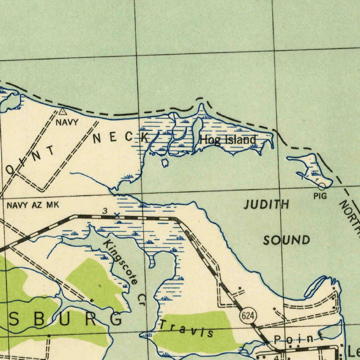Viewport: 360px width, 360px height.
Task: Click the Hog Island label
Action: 228,140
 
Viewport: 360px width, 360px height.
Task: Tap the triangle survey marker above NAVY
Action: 63,112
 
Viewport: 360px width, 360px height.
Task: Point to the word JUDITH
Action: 266,204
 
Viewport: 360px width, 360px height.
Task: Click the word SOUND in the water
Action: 287,240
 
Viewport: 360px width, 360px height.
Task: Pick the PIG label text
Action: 320,196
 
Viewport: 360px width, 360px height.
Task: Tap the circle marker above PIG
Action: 322,186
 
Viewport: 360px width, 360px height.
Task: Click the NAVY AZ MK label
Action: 33,205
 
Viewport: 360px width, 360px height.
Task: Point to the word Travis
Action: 187,328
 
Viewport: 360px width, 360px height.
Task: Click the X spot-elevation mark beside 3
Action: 117,215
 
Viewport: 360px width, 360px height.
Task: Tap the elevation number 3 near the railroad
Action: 105,211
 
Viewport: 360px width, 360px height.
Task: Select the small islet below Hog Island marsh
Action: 165,163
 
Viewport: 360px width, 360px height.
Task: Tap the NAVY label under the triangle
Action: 67,122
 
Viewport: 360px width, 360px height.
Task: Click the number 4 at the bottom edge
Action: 277,357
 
